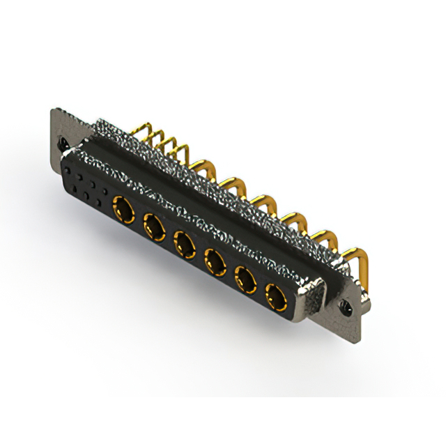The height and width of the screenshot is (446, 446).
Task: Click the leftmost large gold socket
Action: click(123, 206)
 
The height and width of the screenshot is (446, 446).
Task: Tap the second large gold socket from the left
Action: click(154, 225)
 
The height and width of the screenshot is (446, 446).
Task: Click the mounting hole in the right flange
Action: click(346, 305)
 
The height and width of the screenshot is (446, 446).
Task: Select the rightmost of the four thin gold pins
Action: click(183, 148)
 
